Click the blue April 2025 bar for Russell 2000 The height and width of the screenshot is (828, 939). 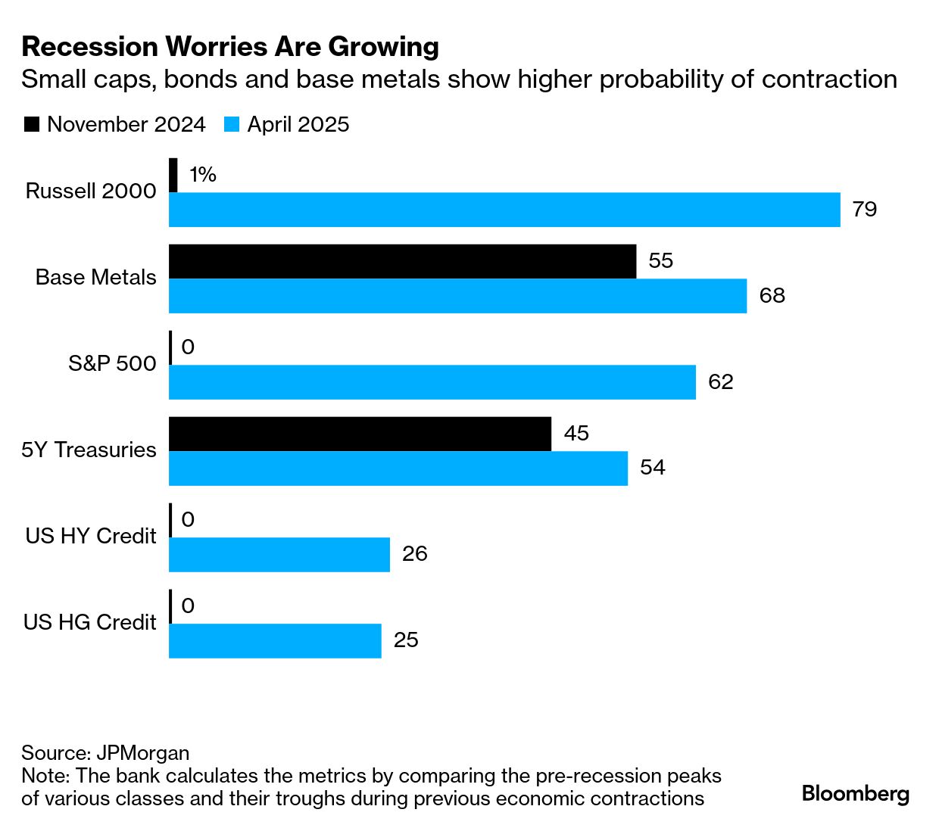(504, 210)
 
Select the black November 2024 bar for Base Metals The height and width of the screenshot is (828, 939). (402, 261)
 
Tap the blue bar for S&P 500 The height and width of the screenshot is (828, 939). (432, 382)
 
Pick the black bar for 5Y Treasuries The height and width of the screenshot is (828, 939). (360, 434)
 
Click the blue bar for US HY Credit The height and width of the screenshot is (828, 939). (279, 555)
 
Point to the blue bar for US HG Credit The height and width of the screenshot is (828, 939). (274, 641)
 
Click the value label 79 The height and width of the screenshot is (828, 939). (864, 210)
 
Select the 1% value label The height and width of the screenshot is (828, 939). (202, 175)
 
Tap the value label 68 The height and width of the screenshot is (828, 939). (772, 296)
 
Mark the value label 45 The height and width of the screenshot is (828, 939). (576, 434)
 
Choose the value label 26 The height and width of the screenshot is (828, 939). (415, 554)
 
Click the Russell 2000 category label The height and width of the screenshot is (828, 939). (91, 191)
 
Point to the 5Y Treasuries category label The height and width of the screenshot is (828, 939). (89, 450)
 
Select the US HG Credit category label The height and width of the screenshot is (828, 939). (89, 623)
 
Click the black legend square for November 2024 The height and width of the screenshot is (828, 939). (31, 125)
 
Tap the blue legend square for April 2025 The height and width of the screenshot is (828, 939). (232, 125)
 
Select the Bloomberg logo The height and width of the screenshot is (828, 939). (855, 794)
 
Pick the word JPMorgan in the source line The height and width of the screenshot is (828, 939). (143, 754)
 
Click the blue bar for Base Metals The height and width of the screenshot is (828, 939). (457, 296)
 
